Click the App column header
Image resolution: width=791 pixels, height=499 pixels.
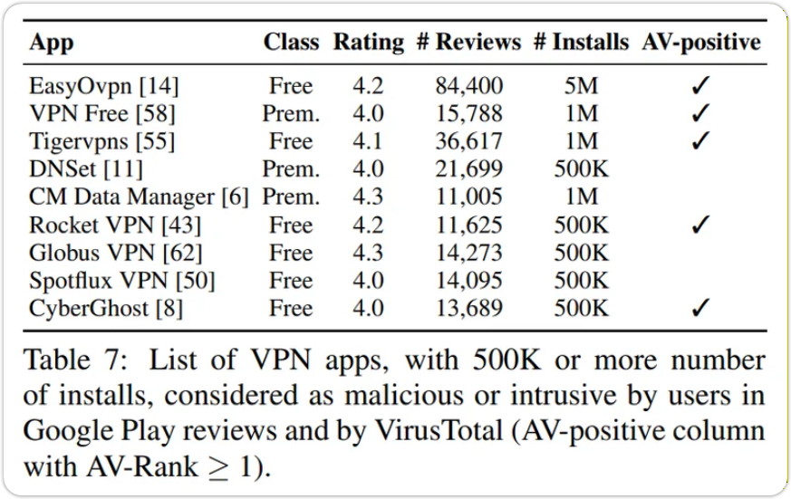pyautogui.click(x=51, y=43)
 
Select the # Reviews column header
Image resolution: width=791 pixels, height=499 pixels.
pyautogui.click(x=468, y=43)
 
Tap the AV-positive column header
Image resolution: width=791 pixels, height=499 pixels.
pyautogui.click(x=701, y=43)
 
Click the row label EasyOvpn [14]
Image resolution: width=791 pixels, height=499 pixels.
pyautogui.click(x=103, y=87)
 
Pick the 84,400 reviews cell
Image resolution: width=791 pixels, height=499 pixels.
pyautogui.click(x=468, y=87)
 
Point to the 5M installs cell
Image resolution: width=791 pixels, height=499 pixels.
pyautogui.click(x=581, y=87)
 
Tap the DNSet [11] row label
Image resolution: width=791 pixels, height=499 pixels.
pyautogui.click(x=86, y=169)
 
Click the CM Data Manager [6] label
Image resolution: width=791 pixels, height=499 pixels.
pyautogui.click(x=138, y=197)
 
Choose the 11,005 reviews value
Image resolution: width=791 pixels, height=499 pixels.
pyautogui.click(x=468, y=197)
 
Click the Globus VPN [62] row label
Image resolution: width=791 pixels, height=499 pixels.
pyautogui.click(x=115, y=253)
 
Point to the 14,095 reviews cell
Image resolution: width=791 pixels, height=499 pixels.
pyautogui.click(x=468, y=281)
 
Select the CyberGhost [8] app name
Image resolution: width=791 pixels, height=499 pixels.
pyautogui.click(x=106, y=308)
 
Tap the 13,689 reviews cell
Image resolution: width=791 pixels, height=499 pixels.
pyautogui.click(x=468, y=308)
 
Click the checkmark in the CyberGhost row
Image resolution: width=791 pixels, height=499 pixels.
pyautogui.click(x=700, y=309)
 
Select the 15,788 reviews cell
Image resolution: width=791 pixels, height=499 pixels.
pyautogui.click(x=468, y=114)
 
